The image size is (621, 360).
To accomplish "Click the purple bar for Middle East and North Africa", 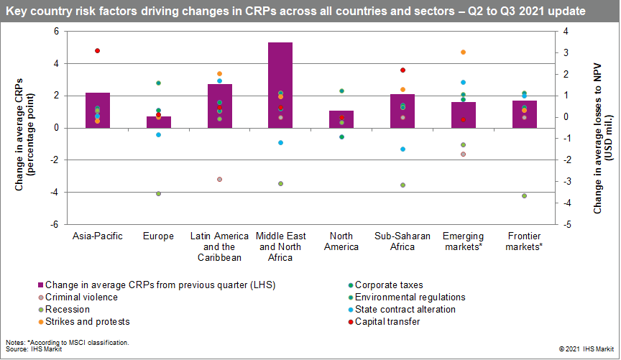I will coord(260,85).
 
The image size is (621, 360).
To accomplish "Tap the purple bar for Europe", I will coord(158,122).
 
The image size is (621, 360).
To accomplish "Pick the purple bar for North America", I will coord(341,119).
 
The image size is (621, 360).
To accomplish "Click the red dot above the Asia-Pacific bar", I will coord(97,50).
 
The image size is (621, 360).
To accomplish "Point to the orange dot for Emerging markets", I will coord(464,52).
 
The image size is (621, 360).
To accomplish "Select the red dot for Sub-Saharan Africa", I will coord(403,70).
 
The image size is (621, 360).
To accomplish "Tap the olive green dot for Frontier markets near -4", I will coord(525,195).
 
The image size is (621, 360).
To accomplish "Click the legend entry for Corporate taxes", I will coord(388,285).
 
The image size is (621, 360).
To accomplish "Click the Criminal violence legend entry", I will coord(86,297).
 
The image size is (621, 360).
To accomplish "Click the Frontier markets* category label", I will coord(525,241).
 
